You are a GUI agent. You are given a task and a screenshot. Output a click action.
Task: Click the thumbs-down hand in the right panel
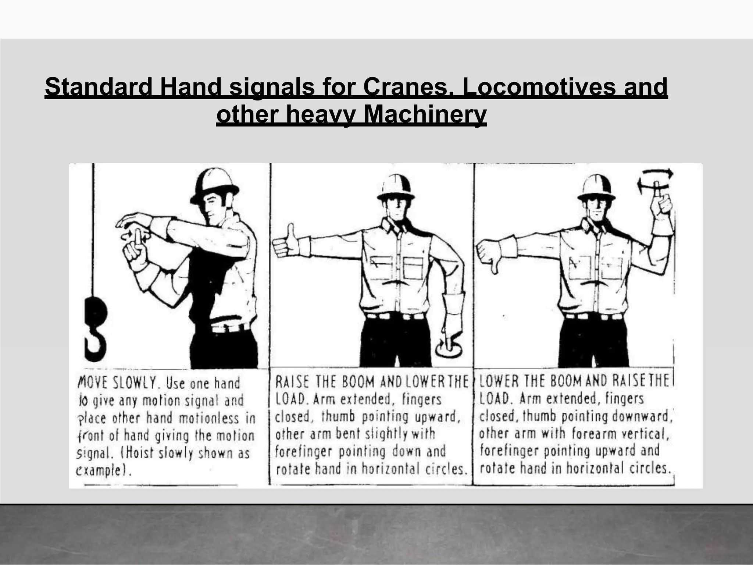(489, 254)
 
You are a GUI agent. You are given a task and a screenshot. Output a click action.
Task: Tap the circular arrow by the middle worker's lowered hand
(449, 348)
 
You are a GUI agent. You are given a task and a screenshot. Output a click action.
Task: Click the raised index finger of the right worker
(657, 191)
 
